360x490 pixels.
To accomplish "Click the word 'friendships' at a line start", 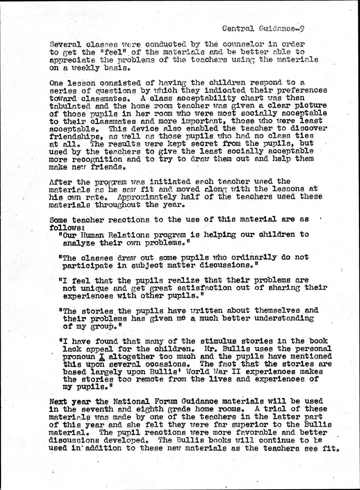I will tap(73, 136).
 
